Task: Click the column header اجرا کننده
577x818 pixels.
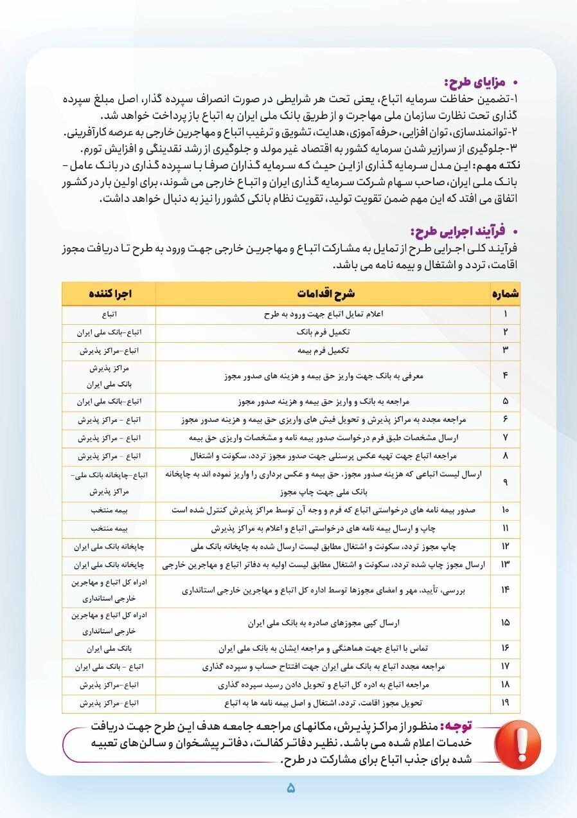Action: pyautogui.click(x=109, y=294)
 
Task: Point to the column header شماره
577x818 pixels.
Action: pyautogui.click(x=506, y=294)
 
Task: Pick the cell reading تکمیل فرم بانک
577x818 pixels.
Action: pyautogui.click(x=324, y=332)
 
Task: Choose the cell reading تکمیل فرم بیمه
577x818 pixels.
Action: pyautogui.click(x=324, y=350)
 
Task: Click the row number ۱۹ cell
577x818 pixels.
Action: pyautogui.click(x=506, y=702)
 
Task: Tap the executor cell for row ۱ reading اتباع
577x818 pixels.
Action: pyautogui.click(x=109, y=314)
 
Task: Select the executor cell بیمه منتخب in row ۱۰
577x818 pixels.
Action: pyautogui.click(x=109, y=511)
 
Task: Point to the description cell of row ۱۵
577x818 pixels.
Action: pyautogui.click(x=324, y=623)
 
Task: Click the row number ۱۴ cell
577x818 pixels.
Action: pyautogui.click(x=506, y=590)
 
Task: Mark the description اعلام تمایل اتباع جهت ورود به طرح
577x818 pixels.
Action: pyautogui.click(x=324, y=314)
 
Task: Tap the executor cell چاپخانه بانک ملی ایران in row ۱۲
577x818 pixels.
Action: pyautogui.click(x=109, y=547)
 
